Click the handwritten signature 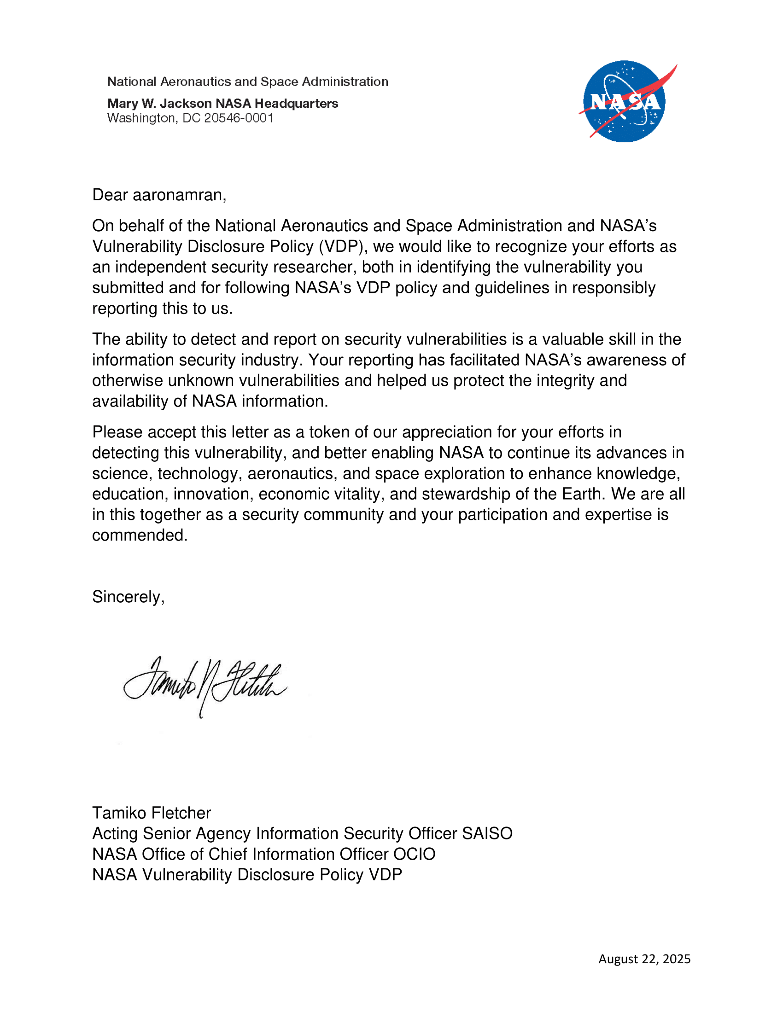point(205,686)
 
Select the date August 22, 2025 point(644,959)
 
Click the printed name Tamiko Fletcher point(151,813)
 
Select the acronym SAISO point(486,833)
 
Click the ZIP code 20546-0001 point(239,118)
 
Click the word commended point(139,535)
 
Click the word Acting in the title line point(115,833)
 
